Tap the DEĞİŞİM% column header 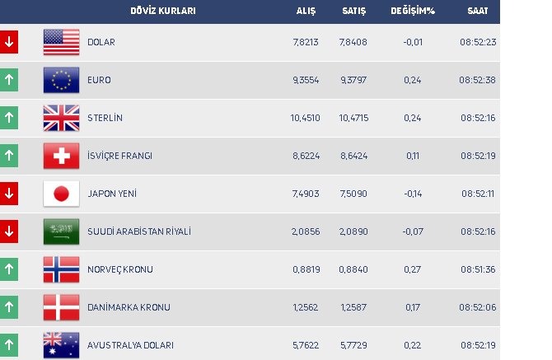412,11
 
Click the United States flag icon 61,42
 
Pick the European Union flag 61,80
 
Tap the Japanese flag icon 61,194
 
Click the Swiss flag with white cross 61,156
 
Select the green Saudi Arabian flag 61,231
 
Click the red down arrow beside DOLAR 8,42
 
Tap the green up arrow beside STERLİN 8,118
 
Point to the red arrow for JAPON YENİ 8,194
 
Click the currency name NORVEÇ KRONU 119,269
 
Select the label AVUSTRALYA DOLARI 130,345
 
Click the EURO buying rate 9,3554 305,80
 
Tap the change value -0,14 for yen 412,194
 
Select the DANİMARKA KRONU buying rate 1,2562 305,307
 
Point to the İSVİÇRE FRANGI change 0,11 412,156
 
